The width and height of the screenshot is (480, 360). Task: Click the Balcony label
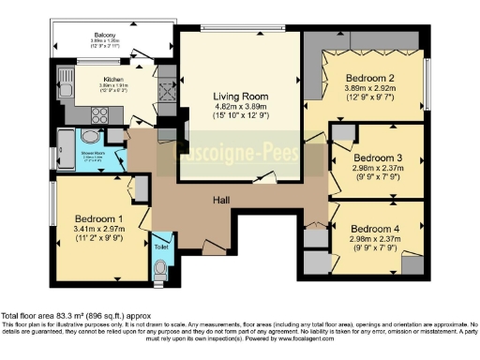coord(105,35)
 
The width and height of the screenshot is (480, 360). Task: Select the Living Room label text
coord(241,96)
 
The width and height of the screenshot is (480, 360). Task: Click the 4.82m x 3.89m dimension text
coord(241,107)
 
